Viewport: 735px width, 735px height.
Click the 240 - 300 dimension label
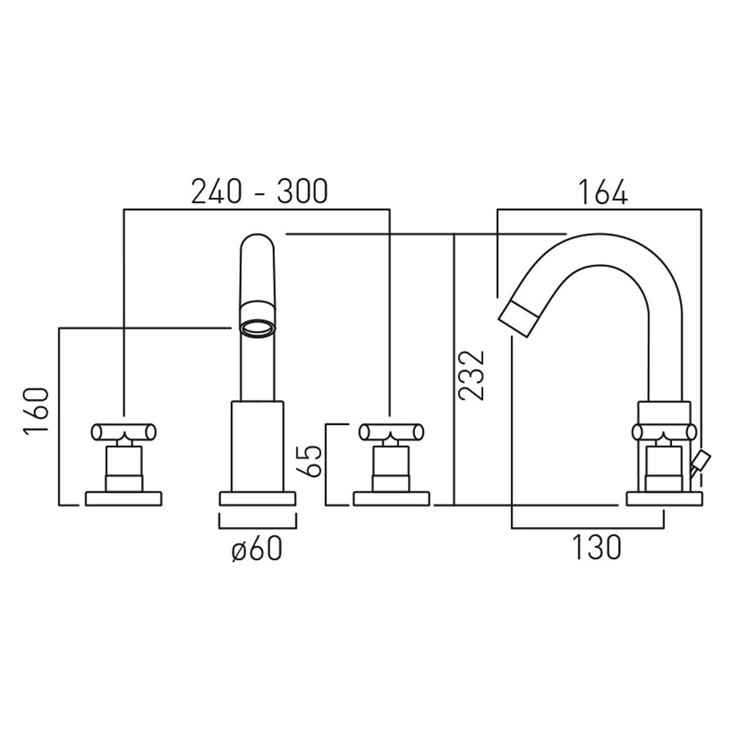(259, 192)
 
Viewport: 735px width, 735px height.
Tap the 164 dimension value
(602, 192)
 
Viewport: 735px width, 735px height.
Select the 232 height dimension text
(471, 374)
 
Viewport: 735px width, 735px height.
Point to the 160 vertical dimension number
(36, 412)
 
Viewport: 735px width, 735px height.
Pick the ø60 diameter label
(257, 548)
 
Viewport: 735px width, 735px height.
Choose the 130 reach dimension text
(597, 548)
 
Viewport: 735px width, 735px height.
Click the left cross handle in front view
(123, 431)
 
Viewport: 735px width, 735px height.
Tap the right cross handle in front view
(390, 431)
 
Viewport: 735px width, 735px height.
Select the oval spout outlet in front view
(257, 327)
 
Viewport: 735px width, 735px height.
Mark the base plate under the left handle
(123, 499)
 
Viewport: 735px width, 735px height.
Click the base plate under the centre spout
(257, 498)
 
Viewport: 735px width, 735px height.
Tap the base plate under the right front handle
(390, 499)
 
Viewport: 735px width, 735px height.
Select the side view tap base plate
(664, 499)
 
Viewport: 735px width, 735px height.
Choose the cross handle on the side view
(664, 432)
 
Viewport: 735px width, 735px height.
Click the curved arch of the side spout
(588, 254)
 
